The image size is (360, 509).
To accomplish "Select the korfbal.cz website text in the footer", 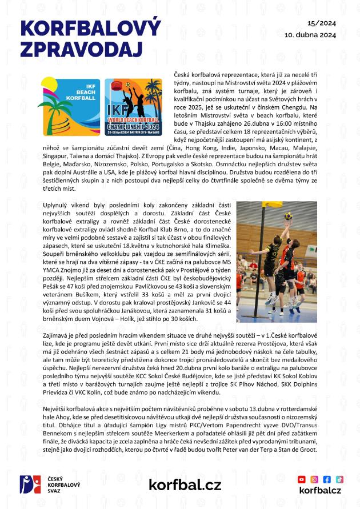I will point(185,485).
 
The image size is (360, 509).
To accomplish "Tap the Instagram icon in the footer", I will point(314,479).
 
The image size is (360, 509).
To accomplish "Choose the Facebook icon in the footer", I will point(327,479).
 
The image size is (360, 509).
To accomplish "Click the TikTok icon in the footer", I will point(339,479).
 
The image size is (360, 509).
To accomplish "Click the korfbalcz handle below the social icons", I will point(321,491).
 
